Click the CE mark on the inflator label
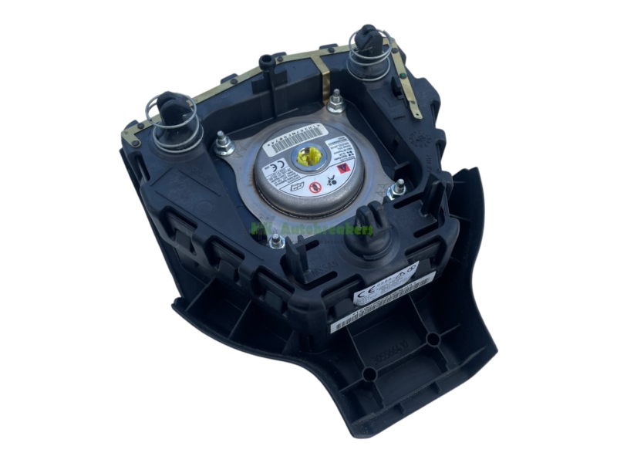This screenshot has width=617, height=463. click(x=270, y=165)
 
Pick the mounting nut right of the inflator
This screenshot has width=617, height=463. click(x=399, y=188)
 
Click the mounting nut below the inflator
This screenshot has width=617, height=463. click(x=275, y=242)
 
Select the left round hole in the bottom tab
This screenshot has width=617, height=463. click(x=370, y=373)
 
